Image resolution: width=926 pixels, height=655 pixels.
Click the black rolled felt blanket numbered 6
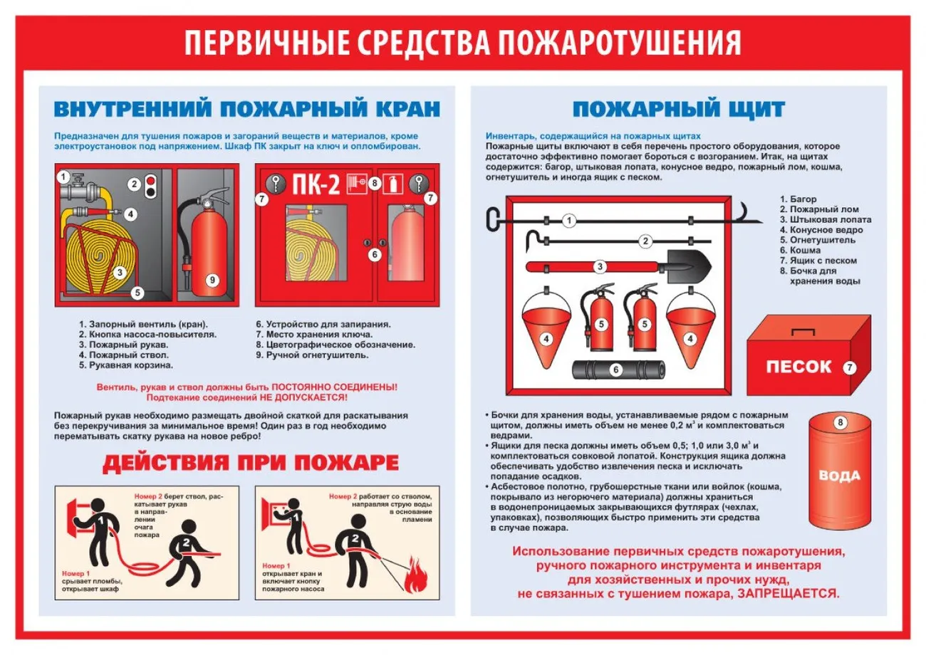(x=619, y=370)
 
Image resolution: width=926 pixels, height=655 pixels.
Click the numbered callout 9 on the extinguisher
(x=212, y=281)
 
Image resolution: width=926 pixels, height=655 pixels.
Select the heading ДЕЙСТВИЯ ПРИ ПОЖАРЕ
(x=251, y=463)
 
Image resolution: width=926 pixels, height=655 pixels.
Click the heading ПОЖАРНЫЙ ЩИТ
(x=679, y=109)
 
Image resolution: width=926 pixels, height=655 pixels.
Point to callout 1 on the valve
(x=63, y=177)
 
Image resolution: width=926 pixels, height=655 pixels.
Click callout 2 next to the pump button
(x=133, y=184)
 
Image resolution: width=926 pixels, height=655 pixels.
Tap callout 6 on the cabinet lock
(x=375, y=253)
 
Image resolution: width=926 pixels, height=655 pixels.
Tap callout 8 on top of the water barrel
(x=840, y=423)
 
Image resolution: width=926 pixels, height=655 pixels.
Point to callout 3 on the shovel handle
(x=600, y=267)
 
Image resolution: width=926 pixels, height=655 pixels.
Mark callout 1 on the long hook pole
(x=568, y=221)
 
